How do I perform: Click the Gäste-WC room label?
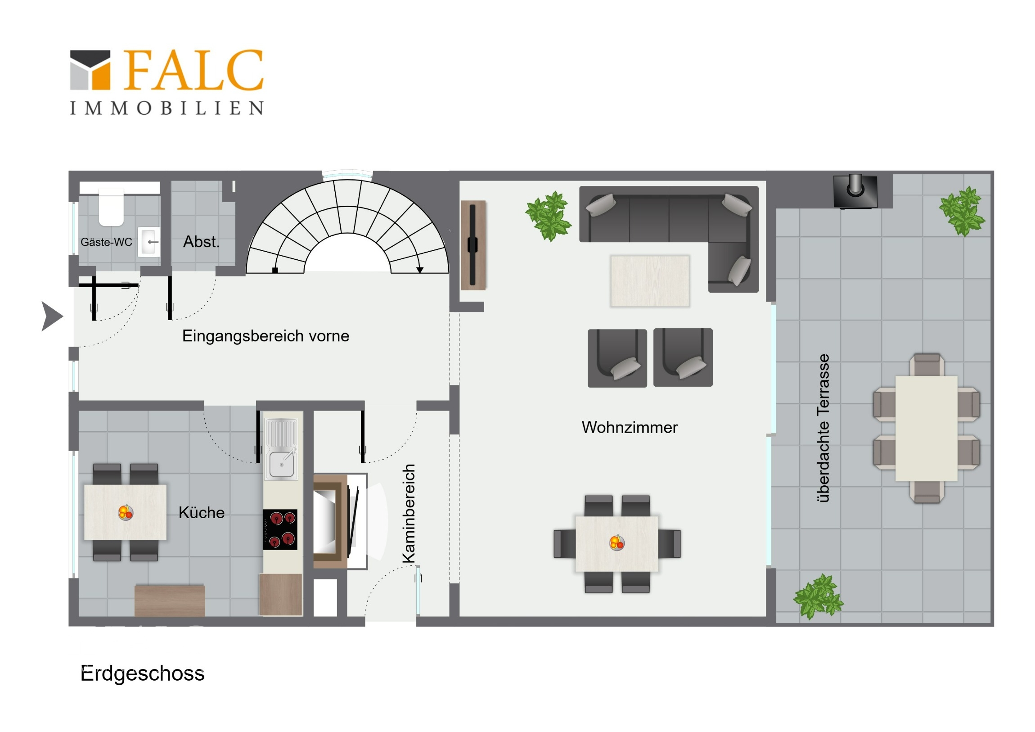(x=106, y=242)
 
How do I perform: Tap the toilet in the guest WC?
(x=111, y=207)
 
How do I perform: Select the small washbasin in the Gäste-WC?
(x=149, y=242)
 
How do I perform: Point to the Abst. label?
(x=202, y=242)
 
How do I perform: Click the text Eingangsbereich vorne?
(x=265, y=336)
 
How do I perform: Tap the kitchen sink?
(x=282, y=449)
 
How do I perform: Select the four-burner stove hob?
(x=280, y=529)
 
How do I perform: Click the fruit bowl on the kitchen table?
(x=126, y=512)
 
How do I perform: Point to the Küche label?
(x=202, y=513)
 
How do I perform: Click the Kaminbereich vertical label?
(x=409, y=514)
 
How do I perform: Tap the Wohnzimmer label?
(x=629, y=427)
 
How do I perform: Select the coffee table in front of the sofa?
(x=650, y=281)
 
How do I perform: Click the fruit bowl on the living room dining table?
(x=616, y=542)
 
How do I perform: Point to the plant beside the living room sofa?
(x=548, y=216)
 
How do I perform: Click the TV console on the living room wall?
(x=473, y=245)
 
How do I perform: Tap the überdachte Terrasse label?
(x=823, y=428)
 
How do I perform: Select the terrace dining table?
(x=927, y=429)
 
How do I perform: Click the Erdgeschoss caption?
(x=143, y=673)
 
